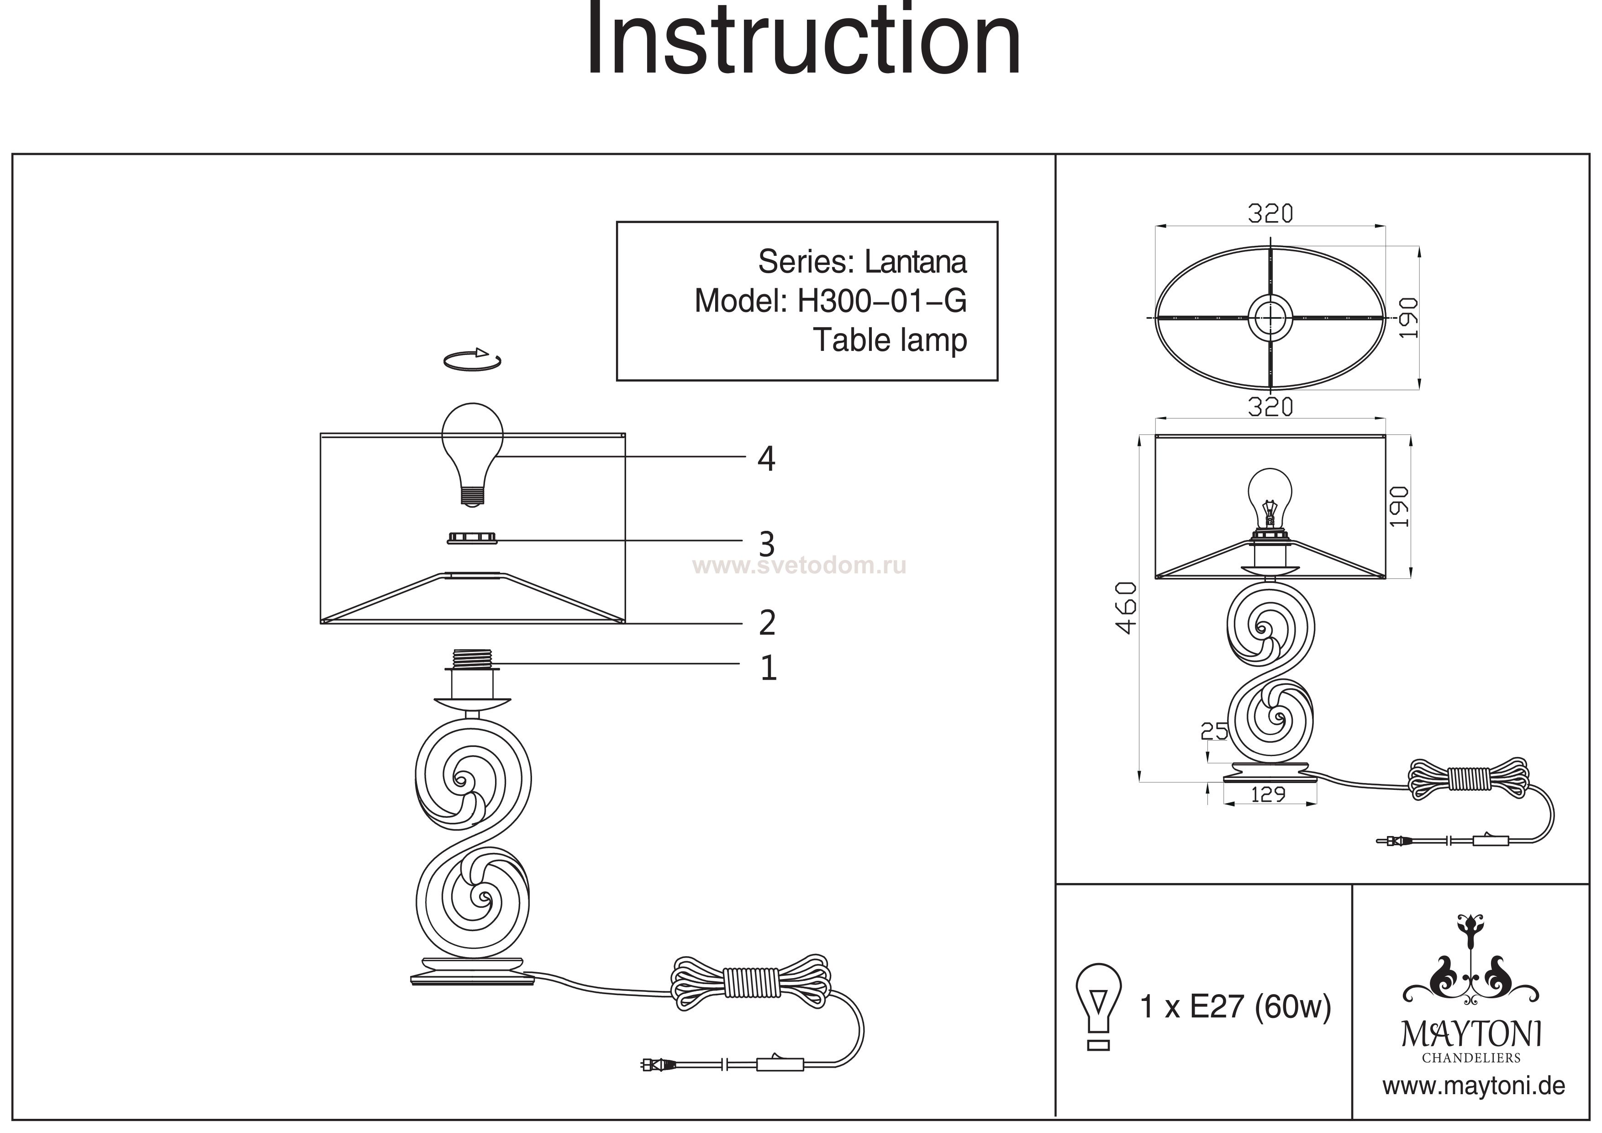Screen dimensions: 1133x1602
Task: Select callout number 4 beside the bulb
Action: coord(766,459)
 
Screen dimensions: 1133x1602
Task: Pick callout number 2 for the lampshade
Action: coord(767,622)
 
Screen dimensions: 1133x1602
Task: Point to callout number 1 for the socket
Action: coord(768,668)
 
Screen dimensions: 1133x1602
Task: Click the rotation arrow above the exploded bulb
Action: coord(472,360)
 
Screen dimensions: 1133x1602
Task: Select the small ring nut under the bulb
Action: coord(472,538)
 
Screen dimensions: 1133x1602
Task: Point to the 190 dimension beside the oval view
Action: coord(1408,318)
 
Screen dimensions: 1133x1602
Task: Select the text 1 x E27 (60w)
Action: coord(1235,1006)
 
